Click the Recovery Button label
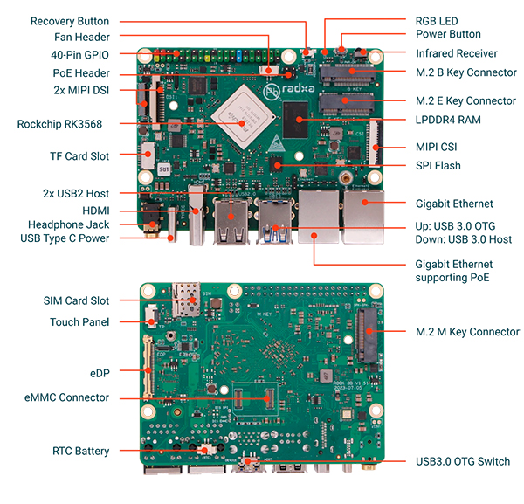pos(70,21)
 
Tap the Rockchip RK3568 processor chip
pos(244,116)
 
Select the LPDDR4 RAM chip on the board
pos(295,120)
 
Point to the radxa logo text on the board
pos(299,88)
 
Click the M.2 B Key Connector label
pos(465,72)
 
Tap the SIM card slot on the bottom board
pos(186,300)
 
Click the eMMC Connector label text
pos(66,397)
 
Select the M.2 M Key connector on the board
pos(367,335)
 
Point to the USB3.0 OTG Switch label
pos(463,461)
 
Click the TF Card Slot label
pos(79,156)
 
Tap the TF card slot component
pos(148,155)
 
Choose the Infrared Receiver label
pos(456,53)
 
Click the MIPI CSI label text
pos(436,147)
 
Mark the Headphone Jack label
pos(68,224)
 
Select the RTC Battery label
pos(81,451)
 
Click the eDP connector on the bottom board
pos(148,367)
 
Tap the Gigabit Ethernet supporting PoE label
pos(454,271)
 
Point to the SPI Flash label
pos(438,165)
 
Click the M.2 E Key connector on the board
pos(346,104)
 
